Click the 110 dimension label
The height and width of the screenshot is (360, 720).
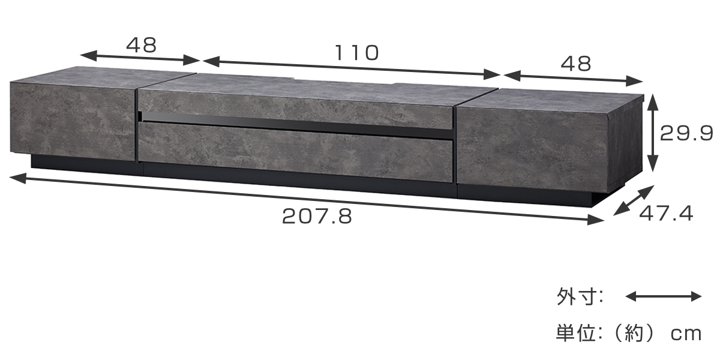tap(357, 53)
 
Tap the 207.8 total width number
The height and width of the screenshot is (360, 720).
tap(317, 217)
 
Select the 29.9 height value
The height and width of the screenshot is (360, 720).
tap(686, 133)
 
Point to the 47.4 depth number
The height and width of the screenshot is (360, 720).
tap(667, 214)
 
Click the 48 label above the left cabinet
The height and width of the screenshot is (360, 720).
tap(142, 45)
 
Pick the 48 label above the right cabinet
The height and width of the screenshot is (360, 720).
tap(576, 64)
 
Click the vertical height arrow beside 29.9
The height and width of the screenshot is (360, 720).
tap(652, 133)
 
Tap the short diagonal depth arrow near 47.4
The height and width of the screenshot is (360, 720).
tap(634, 200)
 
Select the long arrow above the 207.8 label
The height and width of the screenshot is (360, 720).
tap(307, 199)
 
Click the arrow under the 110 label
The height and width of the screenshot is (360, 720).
tap(352, 68)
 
